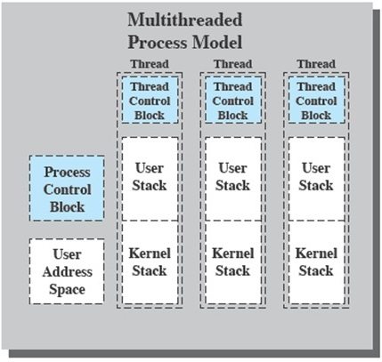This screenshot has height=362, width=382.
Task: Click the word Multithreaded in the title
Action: [x=184, y=20]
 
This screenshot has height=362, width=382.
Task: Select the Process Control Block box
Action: [x=67, y=189]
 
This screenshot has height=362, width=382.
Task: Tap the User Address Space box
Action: [x=67, y=271]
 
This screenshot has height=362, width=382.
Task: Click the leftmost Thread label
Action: [x=149, y=64]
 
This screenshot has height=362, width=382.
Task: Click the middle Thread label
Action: [x=232, y=64]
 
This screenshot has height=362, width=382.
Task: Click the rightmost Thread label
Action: [x=315, y=64]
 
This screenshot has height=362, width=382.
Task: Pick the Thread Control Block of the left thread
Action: [x=150, y=100]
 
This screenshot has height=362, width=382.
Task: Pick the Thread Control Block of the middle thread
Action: [x=232, y=100]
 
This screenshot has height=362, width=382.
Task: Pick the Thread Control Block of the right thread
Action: [x=315, y=100]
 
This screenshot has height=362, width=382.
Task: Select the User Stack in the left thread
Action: [x=150, y=177]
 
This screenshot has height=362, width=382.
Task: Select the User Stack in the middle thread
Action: [x=232, y=177]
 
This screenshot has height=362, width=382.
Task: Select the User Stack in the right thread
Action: [x=315, y=177]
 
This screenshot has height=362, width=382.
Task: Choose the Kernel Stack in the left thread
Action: [x=150, y=262]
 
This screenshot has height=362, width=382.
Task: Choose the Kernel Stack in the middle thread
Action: [x=232, y=262]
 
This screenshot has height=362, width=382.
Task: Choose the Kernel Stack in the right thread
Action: [x=315, y=262]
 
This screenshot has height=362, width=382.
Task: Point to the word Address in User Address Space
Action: [x=67, y=271]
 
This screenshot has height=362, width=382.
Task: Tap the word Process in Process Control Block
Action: [x=67, y=172]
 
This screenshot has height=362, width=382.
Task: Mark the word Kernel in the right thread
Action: [x=315, y=253]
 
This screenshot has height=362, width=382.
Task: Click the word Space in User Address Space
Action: [x=67, y=289]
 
